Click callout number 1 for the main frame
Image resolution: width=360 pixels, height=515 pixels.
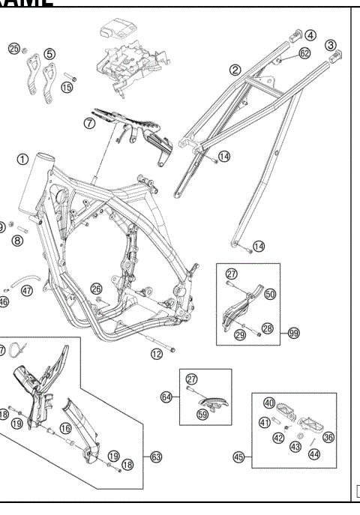pyautogui.click(x=23, y=159)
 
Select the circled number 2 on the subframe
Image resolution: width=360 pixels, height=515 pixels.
pyautogui.click(x=235, y=70)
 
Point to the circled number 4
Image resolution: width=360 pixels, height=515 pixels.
pyautogui.click(x=310, y=34)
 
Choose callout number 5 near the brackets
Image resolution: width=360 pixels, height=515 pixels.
pyautogui.click(x=49, y=53)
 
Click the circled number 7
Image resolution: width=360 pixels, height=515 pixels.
pyautogui.click(x=90, y=123)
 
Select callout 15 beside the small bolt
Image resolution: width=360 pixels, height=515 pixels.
pyautogui.click(x=67, y=88)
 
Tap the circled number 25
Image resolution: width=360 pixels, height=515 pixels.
pyautogui.click(x=14, y=49)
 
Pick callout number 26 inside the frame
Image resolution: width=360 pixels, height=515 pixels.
pyautogui.click(x=96, y=288)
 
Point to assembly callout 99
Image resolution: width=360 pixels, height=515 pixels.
pyautogui.click(x=293, y=332)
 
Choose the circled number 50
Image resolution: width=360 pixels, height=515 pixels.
pyautogui.click(x=270, y=295)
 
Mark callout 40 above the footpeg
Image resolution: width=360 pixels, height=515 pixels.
pyautogui.click(x=268, y=403)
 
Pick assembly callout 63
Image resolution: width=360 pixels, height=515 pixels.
pyautogui.click(x=156, y=456)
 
